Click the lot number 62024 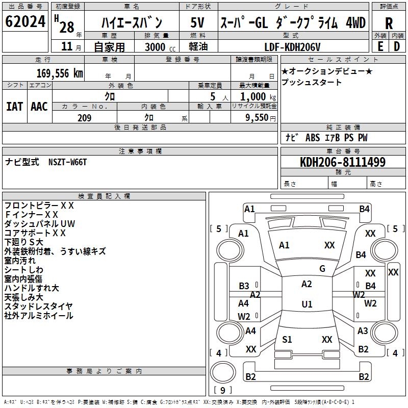25,22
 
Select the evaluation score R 389,23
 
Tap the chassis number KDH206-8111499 343,162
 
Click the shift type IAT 14,106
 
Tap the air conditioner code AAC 39,106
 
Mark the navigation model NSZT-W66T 68,162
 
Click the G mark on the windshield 322,269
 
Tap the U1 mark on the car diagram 307,304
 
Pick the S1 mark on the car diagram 287,340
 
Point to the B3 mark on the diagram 244,286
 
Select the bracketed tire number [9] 222,390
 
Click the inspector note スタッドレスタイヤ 38,306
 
